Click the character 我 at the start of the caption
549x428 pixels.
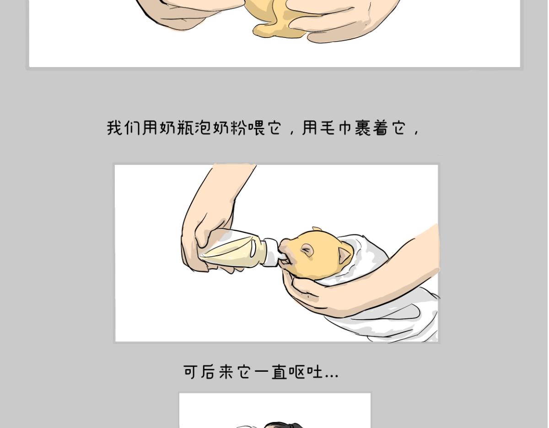(115, 127)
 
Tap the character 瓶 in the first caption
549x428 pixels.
(185, 127)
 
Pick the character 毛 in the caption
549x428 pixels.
(328, 127)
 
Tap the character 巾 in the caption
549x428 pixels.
(345, 127)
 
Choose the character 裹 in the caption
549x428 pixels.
(363, 127)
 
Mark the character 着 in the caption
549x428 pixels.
(381, 127)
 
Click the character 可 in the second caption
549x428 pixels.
(190, 371)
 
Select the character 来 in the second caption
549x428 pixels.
(226, 371)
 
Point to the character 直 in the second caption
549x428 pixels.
(279, 371)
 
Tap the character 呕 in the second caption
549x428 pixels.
(296, 371)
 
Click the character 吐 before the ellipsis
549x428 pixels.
(315, 371)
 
